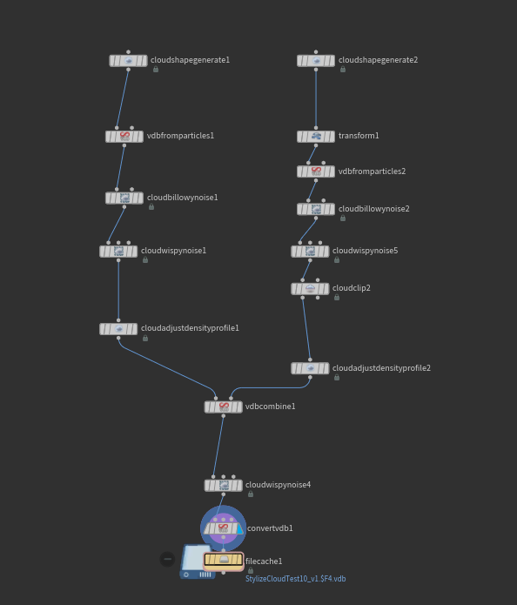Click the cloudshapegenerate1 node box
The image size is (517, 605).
click(x=128, y=61)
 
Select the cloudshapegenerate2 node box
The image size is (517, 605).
click(x=316, y=61)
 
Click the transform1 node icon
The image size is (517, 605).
click(x=316, y=136)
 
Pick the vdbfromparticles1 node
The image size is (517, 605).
click(x=124, y=136)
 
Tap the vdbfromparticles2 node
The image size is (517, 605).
click(x=316, y=171)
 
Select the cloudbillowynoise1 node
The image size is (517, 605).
click(x=124, y=198)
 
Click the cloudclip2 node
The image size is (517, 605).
click(x=310, y=289)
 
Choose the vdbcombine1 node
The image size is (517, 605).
click(x=224, y=407)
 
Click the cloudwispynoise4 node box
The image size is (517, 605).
click(x=224, y=485)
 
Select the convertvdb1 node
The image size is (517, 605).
click(x=224, y=528)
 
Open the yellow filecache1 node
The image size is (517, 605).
click(x=224, y=560)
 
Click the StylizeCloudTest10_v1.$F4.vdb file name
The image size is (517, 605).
click(x=296, y=579)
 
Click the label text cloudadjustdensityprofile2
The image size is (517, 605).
click(x=381, y=368)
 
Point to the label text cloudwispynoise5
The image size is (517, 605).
click(x=365, y=251)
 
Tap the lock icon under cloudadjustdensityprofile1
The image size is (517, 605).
click(x=145, y=339)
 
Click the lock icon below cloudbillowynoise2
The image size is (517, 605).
click(x=343, y=218)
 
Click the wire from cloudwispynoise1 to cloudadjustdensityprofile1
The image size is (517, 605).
click(x=118, y=290)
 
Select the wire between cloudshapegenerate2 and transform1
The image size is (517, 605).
click(x=316, y=98)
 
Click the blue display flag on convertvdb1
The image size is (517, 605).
click(x=240, y=528)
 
